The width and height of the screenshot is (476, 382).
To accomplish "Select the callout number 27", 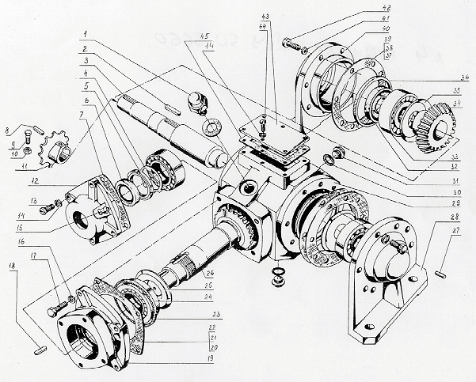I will tap(458, 230).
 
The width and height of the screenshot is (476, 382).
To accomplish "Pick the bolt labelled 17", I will tap(57, 309).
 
